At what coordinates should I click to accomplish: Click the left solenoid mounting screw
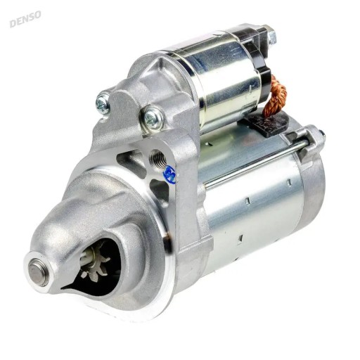103,104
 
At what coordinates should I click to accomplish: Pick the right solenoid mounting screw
151,117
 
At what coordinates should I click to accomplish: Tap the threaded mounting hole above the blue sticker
159,157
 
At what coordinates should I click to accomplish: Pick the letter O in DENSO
38,14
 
